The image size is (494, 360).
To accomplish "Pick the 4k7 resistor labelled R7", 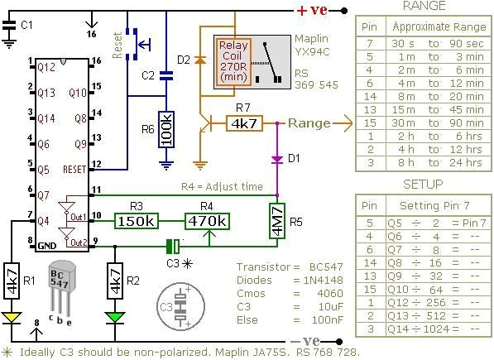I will click(x=243, y=123).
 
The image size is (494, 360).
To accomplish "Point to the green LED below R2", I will click(x=116, y=316).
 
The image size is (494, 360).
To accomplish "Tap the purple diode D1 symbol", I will click(x=276, y=157).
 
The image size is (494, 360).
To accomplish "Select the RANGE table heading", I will click(x=423, y=7).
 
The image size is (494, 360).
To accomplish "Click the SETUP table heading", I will click(x=423, y=184).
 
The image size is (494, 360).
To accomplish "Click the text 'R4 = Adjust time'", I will click(x=223, y=188).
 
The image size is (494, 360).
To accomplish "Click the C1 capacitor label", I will click(x=26, y=26).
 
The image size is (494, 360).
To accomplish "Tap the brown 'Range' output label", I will click(x=309, y=122).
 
